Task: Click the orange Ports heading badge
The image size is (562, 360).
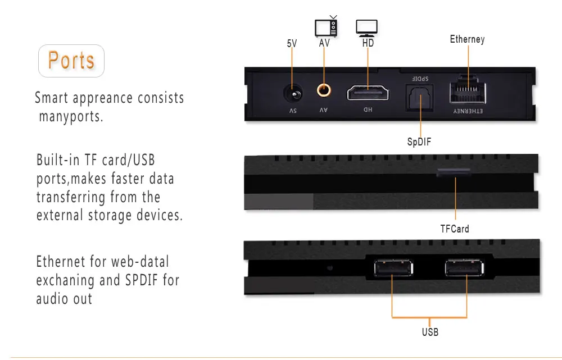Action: pyautogui.click(x=71, y=61)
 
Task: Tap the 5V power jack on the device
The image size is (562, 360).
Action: pyautogui.click(x=293, y=94)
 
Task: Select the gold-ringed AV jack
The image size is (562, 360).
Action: pyautogui.click(x=324, y=90)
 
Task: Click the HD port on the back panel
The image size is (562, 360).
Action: pyautogui.click(x=368, y=93)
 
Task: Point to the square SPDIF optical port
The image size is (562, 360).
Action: pyautogui.click(x=419, y=98)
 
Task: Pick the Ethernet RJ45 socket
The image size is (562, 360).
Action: pyautogui.click(x=468, y=90)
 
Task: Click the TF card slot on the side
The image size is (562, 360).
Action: pyautogui.click(x=454, y=172)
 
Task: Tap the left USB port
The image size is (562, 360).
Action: pyautogui.click(x=393, y=268)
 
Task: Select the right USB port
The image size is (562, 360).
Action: pyautogui.click(x=465, y=268)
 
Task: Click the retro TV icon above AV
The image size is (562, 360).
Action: pyautogui.click(x=326, y=26)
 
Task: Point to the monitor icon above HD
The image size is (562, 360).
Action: pyautogui.click(x=366, y=28)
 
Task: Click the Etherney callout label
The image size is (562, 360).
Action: pyautogui.click(x=468, y=39)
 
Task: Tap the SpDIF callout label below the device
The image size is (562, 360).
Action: pyautogui.click(x=419, y=142)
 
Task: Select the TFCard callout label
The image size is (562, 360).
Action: pyautogui.click(x=455, y=229)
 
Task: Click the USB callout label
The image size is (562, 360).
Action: pyautogui.click(x=430, y=332)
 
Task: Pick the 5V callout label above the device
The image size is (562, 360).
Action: pyautogui.click(x=292, y=43)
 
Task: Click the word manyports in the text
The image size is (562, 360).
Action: pyautogui.click(x=71, y=116)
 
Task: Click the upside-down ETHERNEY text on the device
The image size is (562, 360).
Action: pyautogui.click(x=468, y=111)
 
